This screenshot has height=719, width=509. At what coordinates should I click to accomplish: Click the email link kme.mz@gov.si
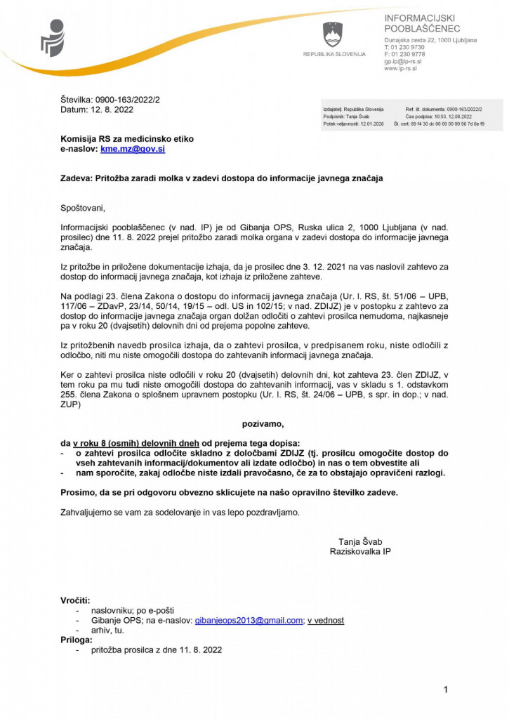tap(133, 150)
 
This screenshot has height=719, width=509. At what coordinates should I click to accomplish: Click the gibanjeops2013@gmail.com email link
tap(249, 621)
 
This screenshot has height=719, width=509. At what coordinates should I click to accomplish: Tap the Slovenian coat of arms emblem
tap(333, 34)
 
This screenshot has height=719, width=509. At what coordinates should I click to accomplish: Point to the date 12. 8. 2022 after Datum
tap(108, 110)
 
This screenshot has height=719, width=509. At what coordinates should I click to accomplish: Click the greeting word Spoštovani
tap(83, 208)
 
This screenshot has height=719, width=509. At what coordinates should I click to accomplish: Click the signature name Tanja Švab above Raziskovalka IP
tap(360, 541)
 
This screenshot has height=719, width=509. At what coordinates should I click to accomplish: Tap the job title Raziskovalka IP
tap(360, 552)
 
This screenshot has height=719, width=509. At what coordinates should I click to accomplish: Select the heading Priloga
tap(76, 640)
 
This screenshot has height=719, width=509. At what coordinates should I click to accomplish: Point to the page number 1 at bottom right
tap(446, 691)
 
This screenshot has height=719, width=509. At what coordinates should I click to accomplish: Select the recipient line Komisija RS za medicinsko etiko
tap(127, 139)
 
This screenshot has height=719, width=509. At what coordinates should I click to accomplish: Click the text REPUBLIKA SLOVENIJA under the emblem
tap(334, 55)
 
